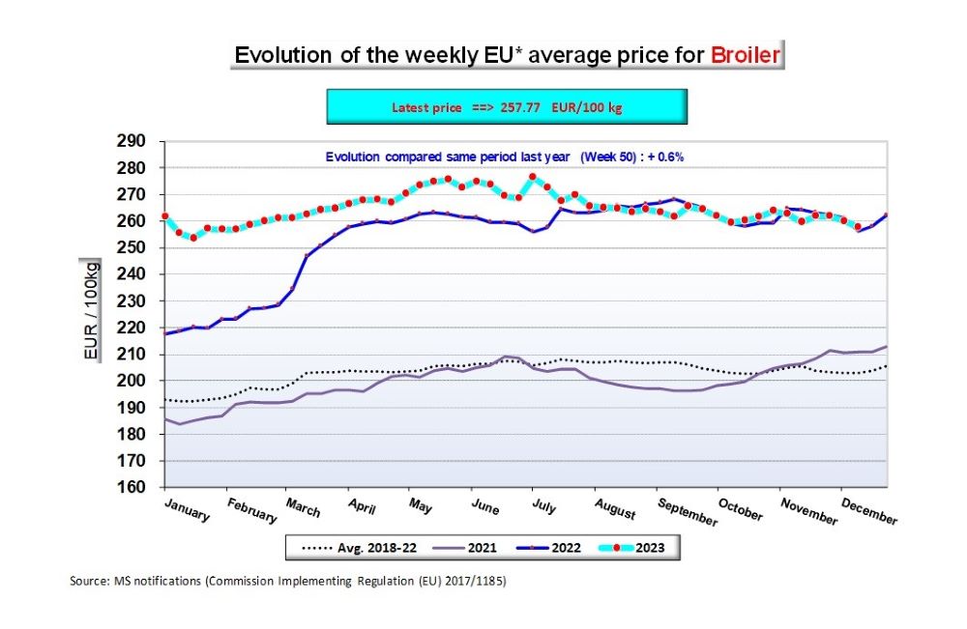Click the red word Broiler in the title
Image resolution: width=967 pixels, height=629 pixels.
click(745, 54)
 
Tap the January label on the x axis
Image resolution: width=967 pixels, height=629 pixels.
click(186, 509)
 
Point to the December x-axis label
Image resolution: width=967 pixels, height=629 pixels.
click(868, 512)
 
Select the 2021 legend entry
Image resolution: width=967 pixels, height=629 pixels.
click(481, 548)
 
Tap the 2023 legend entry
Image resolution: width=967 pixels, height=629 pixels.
click(650, 548)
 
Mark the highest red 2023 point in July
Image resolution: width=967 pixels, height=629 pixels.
click(532, 177)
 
